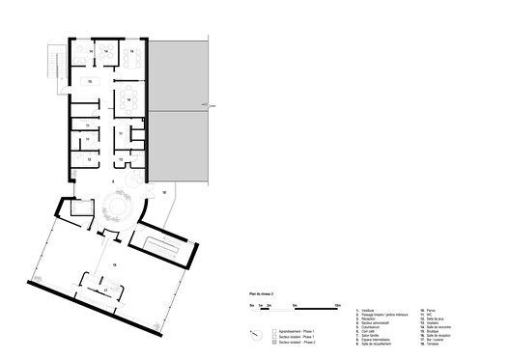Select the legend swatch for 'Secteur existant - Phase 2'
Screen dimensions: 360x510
pos(274,342)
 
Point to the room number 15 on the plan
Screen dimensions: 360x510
pos(89,83)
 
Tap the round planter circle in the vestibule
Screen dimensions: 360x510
pos(121,208)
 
